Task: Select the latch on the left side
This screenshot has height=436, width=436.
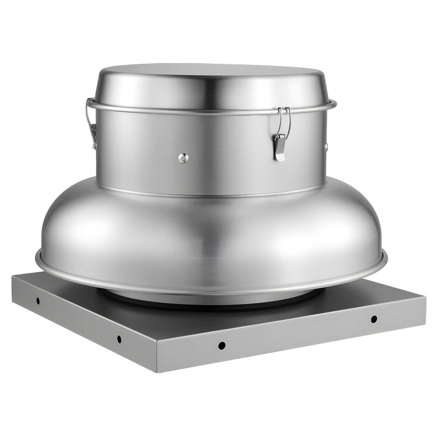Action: [93, 120]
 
